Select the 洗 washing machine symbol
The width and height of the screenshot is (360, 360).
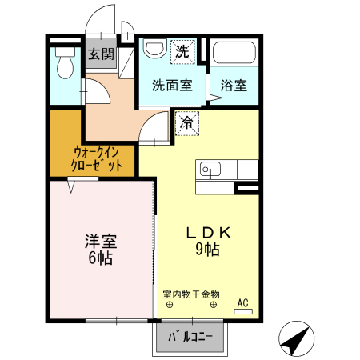(183, 53)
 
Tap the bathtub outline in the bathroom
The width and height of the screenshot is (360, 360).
(234, 56)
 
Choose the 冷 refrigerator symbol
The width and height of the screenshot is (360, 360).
(186, 123)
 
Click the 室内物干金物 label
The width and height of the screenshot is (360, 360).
(191, 294)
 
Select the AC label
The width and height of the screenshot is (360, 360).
(243, 302)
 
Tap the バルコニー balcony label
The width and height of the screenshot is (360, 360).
(190, 338)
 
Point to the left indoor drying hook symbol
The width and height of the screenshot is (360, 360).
(169, 305)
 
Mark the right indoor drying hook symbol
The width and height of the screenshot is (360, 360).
(214, 305)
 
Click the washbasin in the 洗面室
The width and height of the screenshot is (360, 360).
(152, 50)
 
